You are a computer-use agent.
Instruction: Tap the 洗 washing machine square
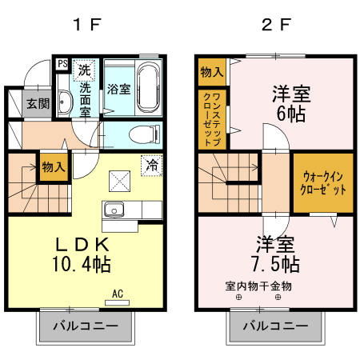pos(83,70)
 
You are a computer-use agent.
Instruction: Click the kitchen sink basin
pos(114,210)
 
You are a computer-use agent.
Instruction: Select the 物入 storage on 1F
pos(53,167)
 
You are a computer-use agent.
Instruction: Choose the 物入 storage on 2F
pos(211,72)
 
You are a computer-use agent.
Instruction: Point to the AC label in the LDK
pos(117,293)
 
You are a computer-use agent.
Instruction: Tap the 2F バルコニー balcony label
pos(275,326)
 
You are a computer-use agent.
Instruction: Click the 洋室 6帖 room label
pos(289,102)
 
